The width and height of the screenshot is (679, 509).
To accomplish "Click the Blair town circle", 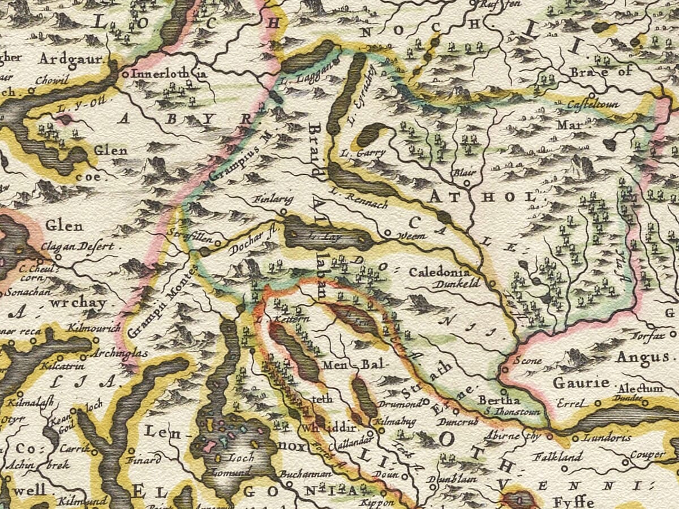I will click(x=467, y=184).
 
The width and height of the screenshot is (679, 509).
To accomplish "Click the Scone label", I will click(x=528, y=361).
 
